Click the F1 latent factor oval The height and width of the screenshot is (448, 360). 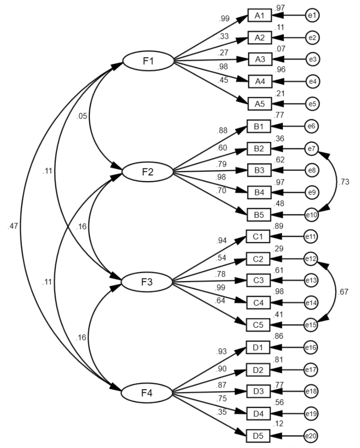tap(148, 61)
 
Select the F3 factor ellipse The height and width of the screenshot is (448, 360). tap(148, 283)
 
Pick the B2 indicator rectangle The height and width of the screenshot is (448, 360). tap(259, 149)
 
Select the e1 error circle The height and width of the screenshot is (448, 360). tap(312, 16)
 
